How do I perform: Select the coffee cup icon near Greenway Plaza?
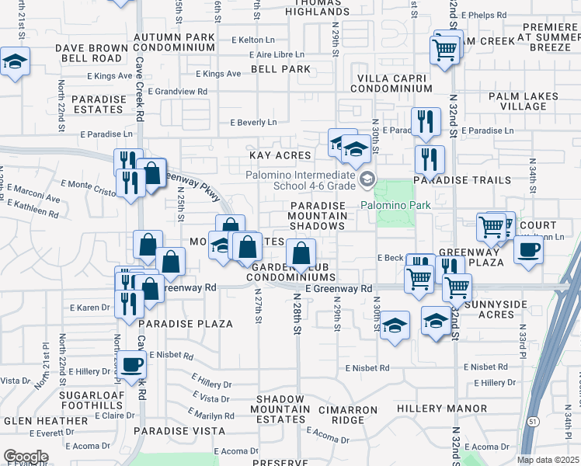(x=528, y=249)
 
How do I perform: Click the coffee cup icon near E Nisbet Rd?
(x=130, y=363)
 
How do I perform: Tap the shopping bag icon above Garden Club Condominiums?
(x=300, y=252)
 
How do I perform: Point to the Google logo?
(x=25, y=457)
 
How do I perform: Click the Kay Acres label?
(x=280, y=156)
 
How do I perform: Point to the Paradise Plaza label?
(x=186, y=324)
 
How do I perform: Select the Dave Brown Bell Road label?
(x=89, y=53)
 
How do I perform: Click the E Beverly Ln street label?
(x=253, y=123)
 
